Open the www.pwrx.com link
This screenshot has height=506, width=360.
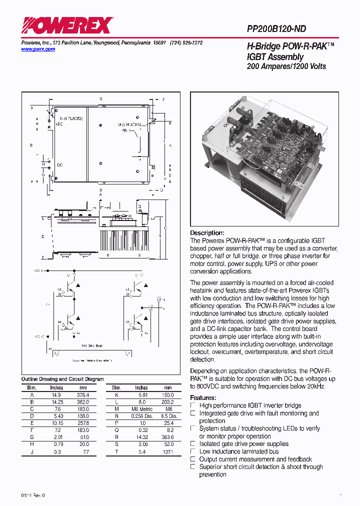coord(38,49)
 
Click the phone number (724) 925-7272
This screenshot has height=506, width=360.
coord(186,43)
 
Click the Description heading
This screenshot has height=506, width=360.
coord(207,233)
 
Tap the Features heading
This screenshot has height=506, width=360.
coord(203,397)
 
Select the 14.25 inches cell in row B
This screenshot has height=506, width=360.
coord(56,402)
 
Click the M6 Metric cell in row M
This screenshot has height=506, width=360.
coord(142,409)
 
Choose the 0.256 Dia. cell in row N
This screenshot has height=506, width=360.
coord(142,416)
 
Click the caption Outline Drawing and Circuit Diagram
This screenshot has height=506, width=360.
coord(62,379)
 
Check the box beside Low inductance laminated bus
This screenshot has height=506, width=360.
coord(193,451)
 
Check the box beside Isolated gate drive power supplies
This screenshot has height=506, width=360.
coord(193,444)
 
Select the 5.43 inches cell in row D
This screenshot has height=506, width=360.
coord(56,416)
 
